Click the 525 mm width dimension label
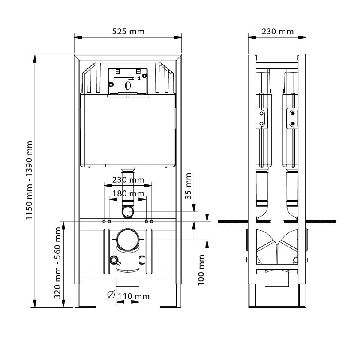[x=128, y=31]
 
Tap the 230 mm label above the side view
[x=277, y=31]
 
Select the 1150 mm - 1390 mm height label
[x=29, y=180]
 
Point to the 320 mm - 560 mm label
[x=57, y=263]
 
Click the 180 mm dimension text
[x=128, y=194]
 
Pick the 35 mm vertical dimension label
[x=188, y=186]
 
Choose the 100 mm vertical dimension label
[x=201, y=270]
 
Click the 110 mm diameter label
[x=134, y=296]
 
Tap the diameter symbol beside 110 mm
[x=111, y=295]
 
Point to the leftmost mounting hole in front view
[x=104, y=222]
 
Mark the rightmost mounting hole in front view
[x=151, y=222]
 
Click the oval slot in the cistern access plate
[x=128, y=86]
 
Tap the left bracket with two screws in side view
[x=262, y=118]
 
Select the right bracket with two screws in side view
[x=292, y=118]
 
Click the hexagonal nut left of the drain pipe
[x=114, y=260]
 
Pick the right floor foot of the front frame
[x=170, y=297]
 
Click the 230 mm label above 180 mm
[x=128, y=180]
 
